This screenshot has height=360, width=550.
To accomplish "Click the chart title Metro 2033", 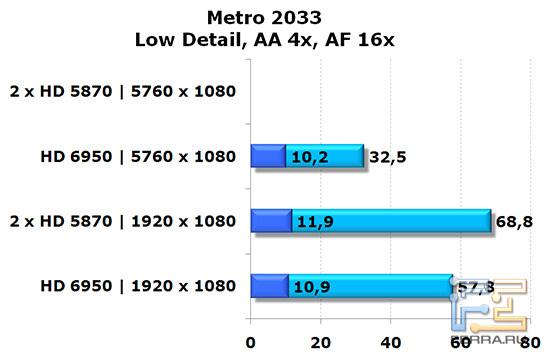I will point(273,17).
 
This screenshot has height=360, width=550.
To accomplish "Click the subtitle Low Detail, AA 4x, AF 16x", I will point(273,40).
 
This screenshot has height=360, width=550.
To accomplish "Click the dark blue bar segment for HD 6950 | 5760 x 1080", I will point(268,157).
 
